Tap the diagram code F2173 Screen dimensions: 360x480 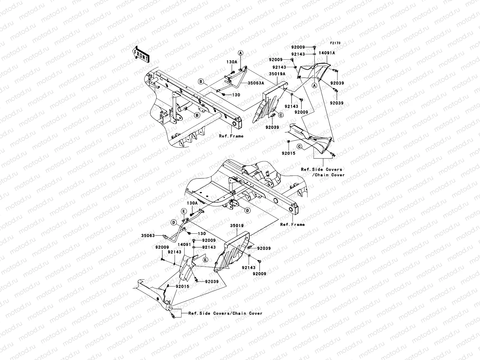335,43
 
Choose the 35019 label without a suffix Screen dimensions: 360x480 237,225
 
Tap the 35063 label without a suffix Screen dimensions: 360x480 148,235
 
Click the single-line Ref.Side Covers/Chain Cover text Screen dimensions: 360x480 225,313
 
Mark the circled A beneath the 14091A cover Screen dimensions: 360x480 314,85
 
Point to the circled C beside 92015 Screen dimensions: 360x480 299,146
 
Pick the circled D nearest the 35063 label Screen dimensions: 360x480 174,222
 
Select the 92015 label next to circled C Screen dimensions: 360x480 288,153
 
